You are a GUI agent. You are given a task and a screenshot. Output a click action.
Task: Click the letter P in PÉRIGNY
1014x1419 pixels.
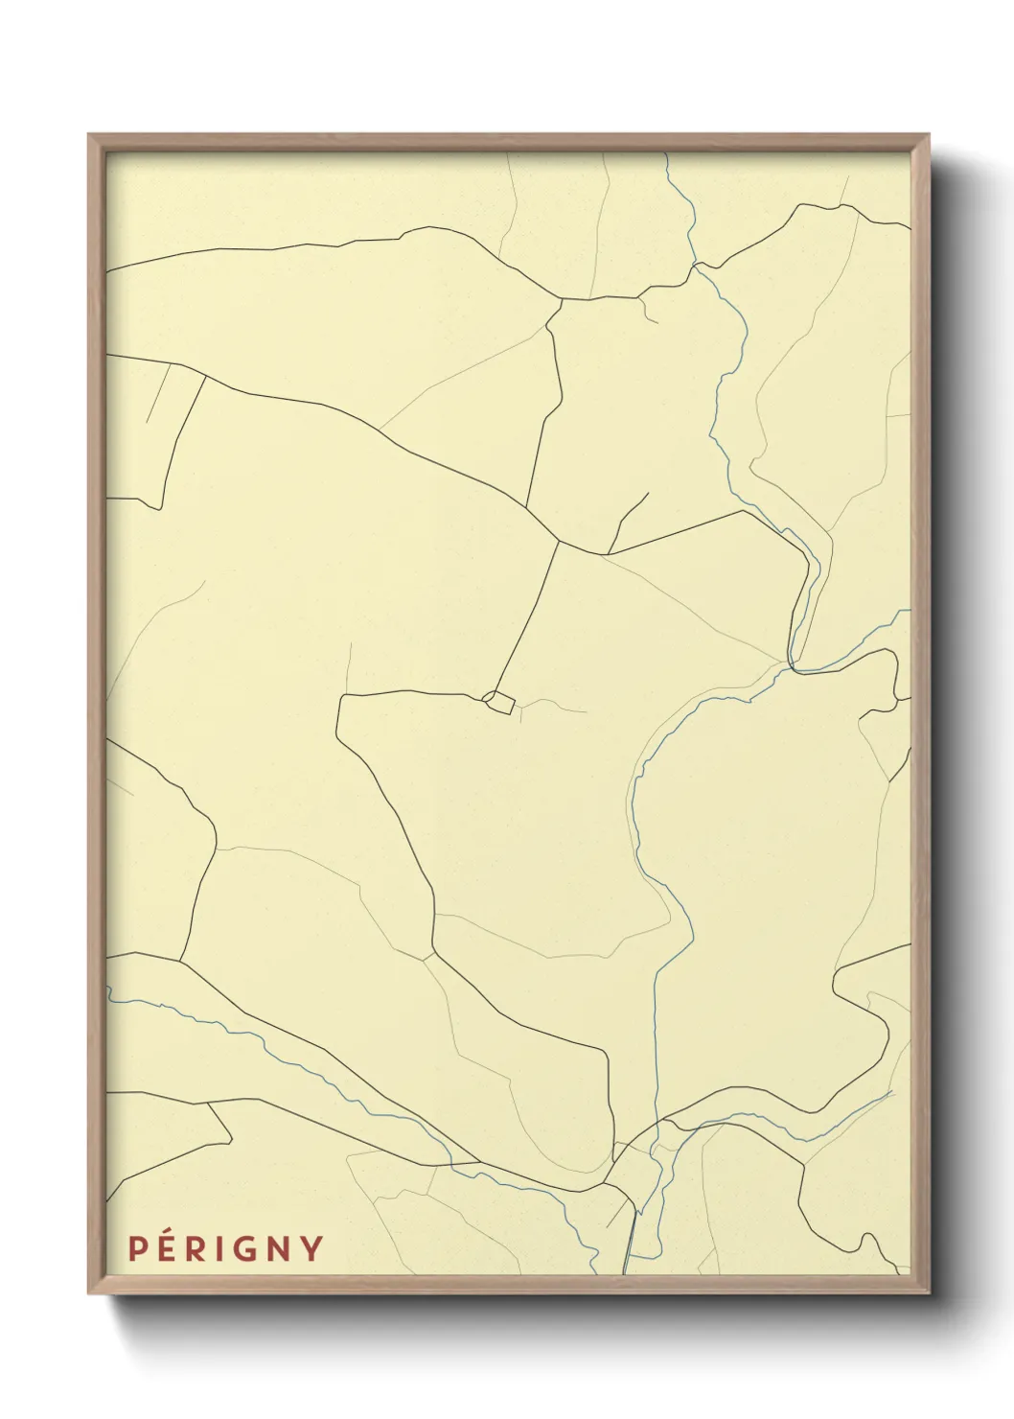pyautogui.click(x=138, y=1248)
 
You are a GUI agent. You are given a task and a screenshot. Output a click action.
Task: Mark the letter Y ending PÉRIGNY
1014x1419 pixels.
pyautogui.click(x=312, y=1249)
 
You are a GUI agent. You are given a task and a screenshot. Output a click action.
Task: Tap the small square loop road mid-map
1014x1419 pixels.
pyautogui.click(x=498, y=702)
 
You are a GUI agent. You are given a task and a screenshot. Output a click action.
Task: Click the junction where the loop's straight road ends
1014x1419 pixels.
pyautogui.click(x=558, y=543)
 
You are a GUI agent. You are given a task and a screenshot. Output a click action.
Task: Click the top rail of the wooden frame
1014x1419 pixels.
pyautogui.click(x=508, y=142)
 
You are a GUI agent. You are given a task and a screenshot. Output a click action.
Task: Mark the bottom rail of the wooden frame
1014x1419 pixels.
pyautogui.click(x=508, y=1284)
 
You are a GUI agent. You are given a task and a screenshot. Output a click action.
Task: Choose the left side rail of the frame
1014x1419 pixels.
pyautogui.click(x=96, y=709)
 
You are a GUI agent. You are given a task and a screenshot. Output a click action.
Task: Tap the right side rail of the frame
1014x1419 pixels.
pyautogui.click(x=920, y=709)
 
